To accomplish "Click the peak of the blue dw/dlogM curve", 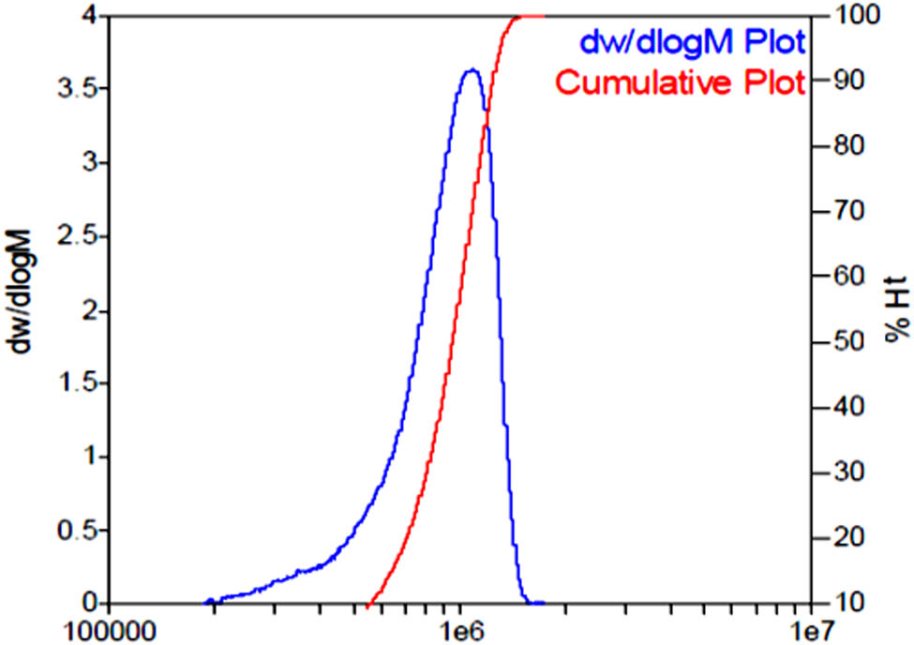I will point(472,70).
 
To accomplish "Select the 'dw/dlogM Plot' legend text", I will point(695,42).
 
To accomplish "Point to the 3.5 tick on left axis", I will point(79,90).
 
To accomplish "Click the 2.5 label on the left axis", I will point(79,237).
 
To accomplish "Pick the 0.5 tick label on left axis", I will point(79,531).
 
